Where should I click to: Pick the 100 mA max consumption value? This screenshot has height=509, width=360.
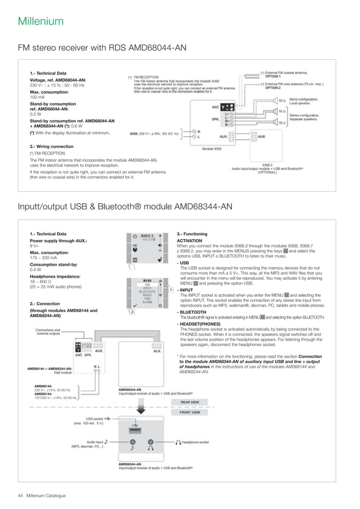[x=37, y=97]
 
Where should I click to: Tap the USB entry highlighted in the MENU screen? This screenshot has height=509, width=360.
[x=147, y=284]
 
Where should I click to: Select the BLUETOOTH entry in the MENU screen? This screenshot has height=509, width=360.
[x=147, y=291]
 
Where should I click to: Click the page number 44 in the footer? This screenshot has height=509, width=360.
[x=20, y=495]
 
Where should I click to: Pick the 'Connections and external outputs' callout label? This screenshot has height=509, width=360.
[x=48, y=332]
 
